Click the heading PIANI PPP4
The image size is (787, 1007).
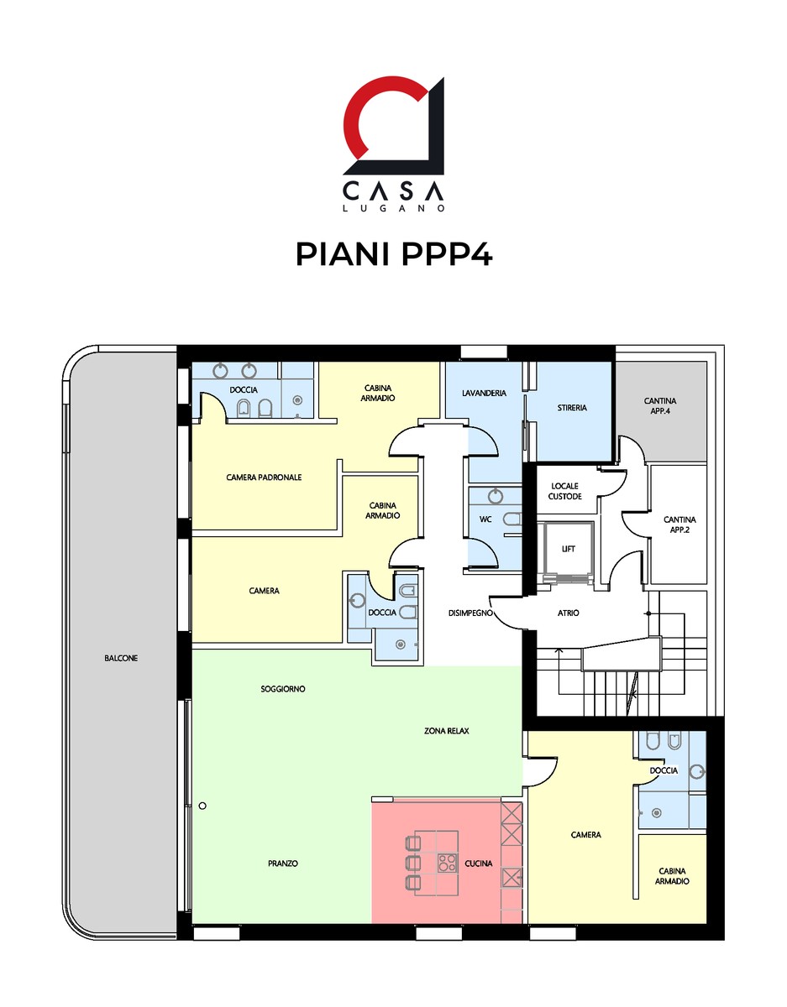393,253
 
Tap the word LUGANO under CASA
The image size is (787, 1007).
393,207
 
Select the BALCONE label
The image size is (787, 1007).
121,659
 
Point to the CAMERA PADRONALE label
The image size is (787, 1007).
264,477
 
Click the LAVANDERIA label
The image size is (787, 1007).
485,393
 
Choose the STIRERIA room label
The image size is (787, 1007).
572,408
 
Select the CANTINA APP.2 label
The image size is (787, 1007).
679,525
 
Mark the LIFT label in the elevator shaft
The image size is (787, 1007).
569,549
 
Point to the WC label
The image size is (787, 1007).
485,519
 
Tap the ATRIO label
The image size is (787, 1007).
568,613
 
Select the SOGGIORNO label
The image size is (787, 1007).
283,689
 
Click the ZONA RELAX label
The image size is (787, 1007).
447,731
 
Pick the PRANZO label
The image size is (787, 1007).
283,864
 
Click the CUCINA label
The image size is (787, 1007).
479,864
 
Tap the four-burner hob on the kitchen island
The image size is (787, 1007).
447,864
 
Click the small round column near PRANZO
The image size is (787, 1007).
202,806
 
